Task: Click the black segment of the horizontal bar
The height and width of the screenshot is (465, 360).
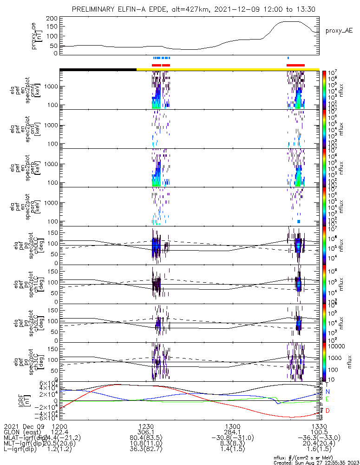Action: click(x=98, y=69)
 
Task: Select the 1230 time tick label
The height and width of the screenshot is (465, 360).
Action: click(x=146, y=426)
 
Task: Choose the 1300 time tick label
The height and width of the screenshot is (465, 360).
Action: click(x=232, y=426)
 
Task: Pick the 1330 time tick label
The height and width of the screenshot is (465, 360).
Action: click(x=319, y=426)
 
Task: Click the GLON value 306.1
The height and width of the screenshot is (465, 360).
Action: click(x=146, y=432)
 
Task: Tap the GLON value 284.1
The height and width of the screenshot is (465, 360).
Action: click(x=232, y=432)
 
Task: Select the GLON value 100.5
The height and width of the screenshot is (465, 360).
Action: click(x=319, y=432)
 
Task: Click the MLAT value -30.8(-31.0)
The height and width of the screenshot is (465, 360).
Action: click(x=232, y=438)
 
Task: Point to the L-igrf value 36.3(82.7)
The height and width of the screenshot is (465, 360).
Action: click(x=146, y=450)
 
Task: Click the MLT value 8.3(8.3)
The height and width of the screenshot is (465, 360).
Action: click(x=232, y=444)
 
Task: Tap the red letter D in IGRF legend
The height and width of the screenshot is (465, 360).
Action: click(x=327, y=411)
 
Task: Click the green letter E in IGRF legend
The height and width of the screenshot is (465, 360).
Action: click(x=327, y=399)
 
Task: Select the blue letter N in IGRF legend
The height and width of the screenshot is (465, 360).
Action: click(x=327, y=392)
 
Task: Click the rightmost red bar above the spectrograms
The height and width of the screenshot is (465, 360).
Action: click(x=295, y=65)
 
